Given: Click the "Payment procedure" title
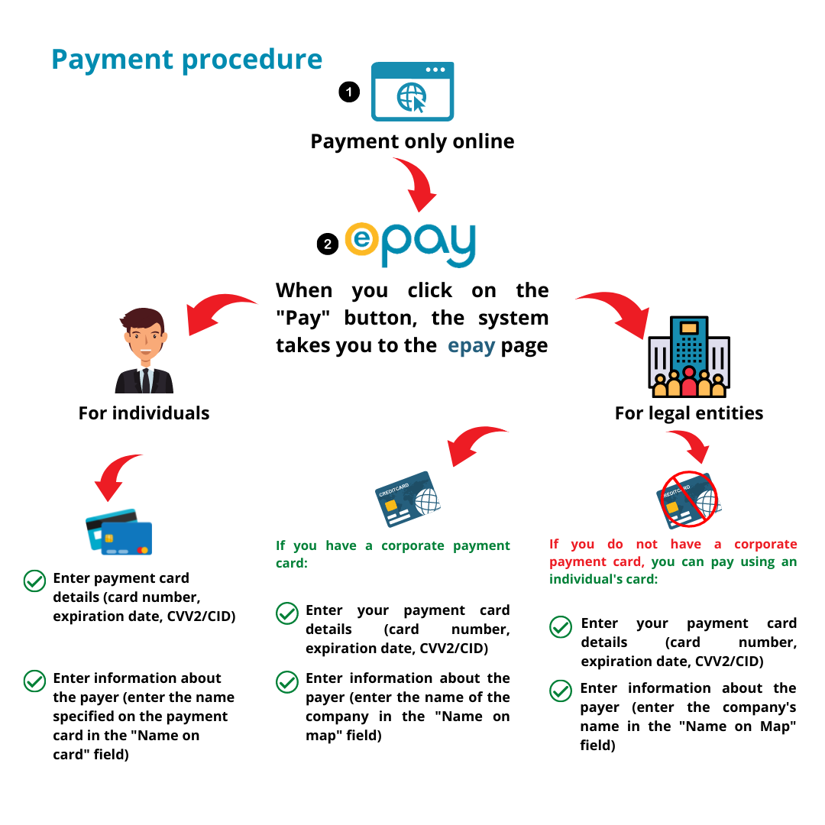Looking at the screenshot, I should tap(186, 60).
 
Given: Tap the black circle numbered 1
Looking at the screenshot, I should tap(349, 92).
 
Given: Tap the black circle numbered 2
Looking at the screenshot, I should tap(328, 244).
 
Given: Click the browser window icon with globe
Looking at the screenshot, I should tap(412, 92).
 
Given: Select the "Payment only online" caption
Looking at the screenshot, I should tap(412, 141).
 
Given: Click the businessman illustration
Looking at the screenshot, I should tap(144, 351).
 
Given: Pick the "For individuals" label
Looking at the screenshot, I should tap(144, 413).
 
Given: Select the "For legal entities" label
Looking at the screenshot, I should tap(689, 413).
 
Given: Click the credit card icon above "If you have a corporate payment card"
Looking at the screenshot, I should tap(407, 500).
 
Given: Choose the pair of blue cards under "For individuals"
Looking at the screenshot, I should tap(119, 532).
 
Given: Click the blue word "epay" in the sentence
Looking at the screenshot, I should tap(471, 345).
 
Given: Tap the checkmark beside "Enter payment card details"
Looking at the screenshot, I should tap(34, 581).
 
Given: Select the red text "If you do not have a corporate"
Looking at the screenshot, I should tap(673, 544).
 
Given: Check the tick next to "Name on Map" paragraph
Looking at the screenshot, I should tap(561, 691).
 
